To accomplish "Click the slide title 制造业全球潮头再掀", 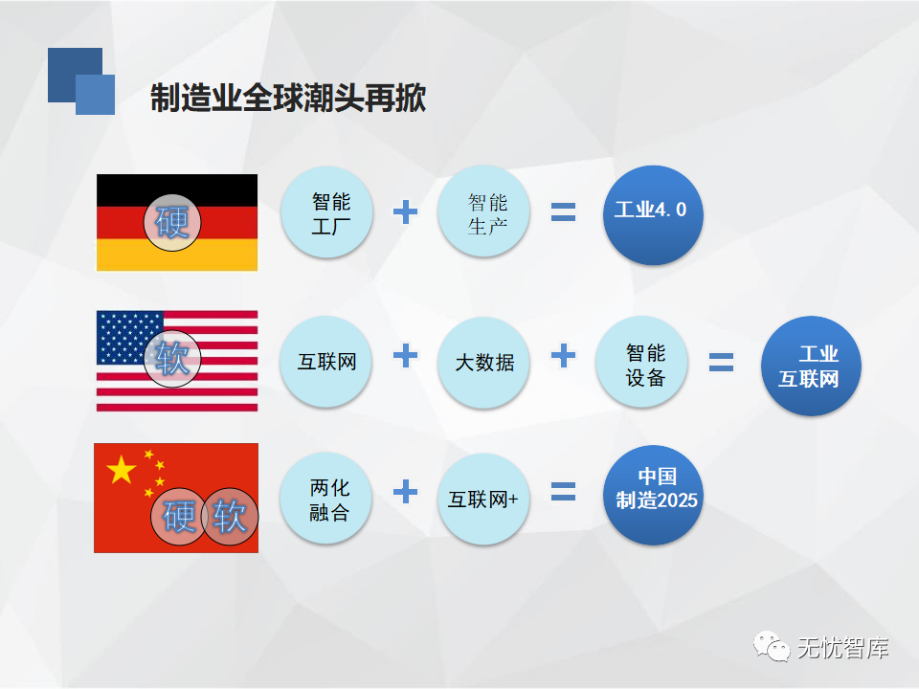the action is (x=288, y=98).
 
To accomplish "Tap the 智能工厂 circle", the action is (x=326, y=212).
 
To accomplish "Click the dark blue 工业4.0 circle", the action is (x=653, y=214).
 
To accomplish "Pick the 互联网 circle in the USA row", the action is (x=325, y=362).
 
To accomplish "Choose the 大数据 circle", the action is (x=483, y=363).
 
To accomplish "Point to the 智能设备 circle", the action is (x=641, y=363).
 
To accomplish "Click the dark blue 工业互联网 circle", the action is (x=811, y=367).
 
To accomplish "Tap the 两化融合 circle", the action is (x=325, y=499).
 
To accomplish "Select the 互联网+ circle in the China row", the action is (x=483, y=500).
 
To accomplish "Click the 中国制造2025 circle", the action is (x=653, y=495).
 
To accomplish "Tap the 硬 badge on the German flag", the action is (x=172, y=223).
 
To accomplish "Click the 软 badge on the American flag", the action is (x=172, y=359).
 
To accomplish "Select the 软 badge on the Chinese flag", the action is (x=230, y=516).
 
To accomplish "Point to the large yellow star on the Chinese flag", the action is (x=121, y=470).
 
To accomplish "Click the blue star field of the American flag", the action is (x=129, y=338).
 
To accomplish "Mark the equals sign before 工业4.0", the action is (x=563, y=211).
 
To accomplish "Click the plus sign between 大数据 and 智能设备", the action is (x=563, y=356).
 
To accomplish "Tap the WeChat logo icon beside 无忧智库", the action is (x=772, y=647).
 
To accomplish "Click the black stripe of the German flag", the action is (x=177, y=190).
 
